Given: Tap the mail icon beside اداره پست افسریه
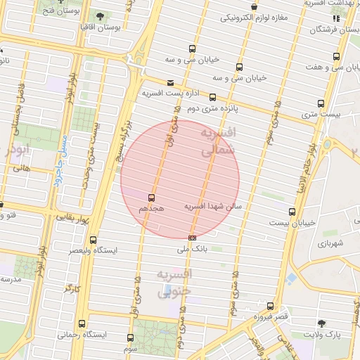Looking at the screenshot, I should coord(170,83).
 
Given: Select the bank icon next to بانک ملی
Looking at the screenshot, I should coord(193,238).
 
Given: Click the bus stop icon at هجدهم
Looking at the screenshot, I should coord(151,198).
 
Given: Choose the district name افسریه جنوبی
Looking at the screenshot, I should coord(173,282).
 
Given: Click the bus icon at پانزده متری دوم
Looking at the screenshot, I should coord(213,97).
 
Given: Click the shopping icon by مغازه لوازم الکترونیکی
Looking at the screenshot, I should coord(335,18).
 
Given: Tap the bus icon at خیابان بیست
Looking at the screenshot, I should coord(292,212).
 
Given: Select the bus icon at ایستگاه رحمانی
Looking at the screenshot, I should coord(82,324).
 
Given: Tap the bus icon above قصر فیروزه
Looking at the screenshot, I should coord(271,306).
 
